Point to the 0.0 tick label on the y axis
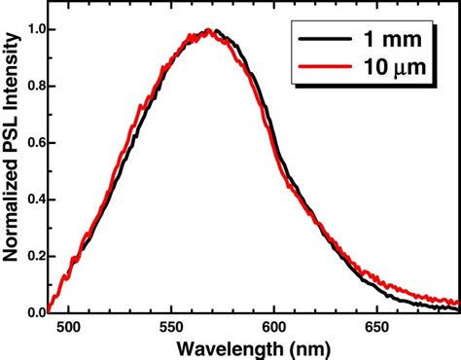point(33,312)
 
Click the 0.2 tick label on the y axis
point(33,256)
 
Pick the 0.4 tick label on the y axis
point(33,199)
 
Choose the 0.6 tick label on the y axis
point(33,142)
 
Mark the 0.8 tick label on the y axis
point(33,86)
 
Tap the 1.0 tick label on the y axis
point(33,29)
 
